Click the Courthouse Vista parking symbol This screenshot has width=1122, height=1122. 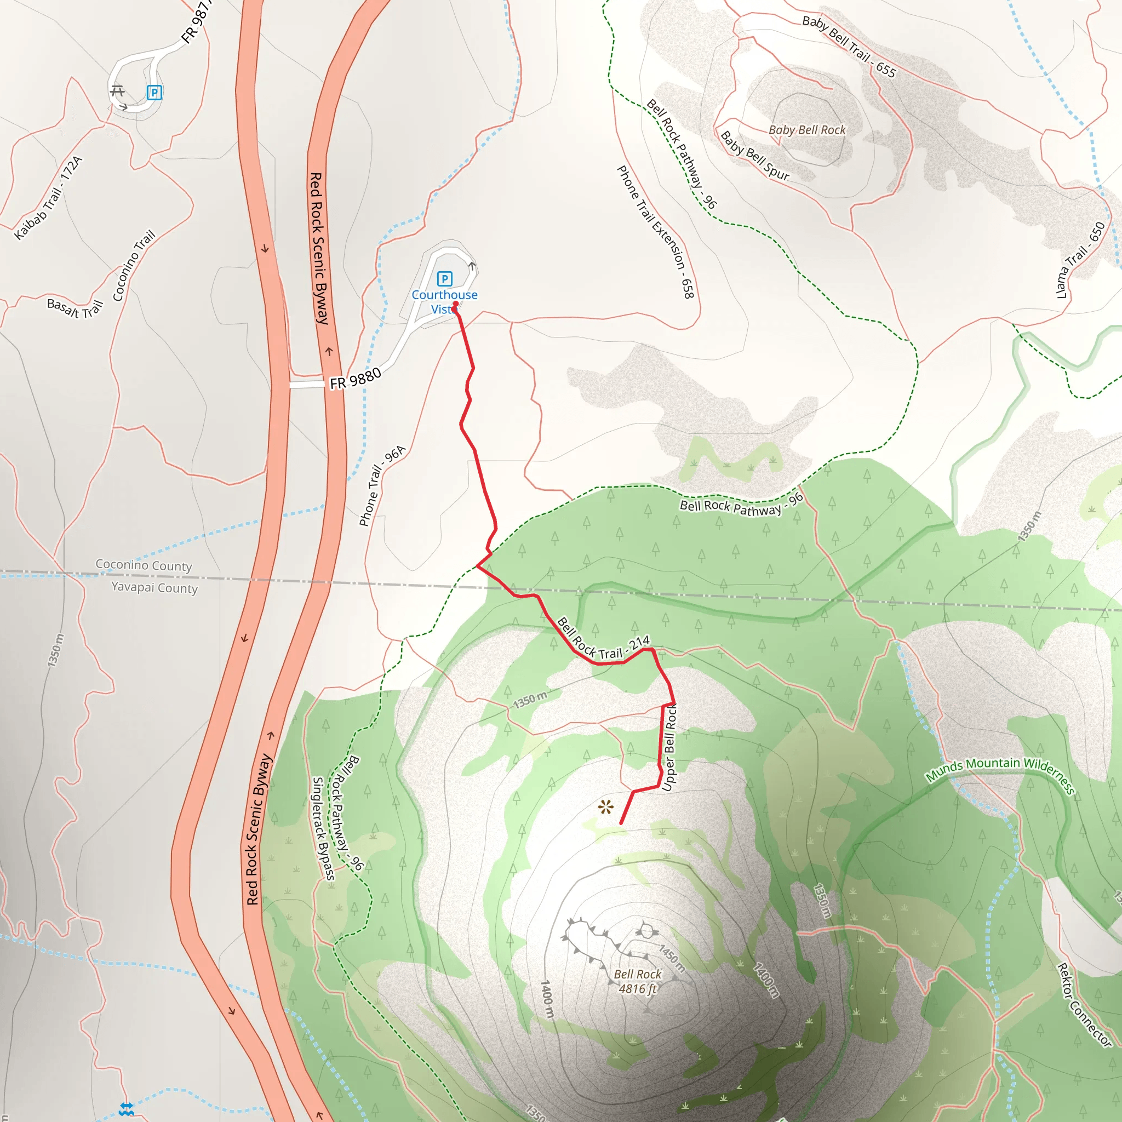coord(444,279)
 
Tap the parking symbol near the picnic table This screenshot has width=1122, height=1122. coord(154,93)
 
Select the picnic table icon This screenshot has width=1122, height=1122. coord(117,90)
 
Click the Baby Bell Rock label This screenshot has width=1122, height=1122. coord(806,130)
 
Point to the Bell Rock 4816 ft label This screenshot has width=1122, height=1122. coord(638,981)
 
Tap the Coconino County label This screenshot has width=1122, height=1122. coord(144,565)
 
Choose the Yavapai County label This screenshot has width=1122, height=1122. coord(154,587)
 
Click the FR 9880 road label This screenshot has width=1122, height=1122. coord(356,379)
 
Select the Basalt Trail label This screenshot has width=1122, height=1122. coord(75,307)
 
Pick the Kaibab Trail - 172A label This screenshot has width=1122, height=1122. coord(49,198)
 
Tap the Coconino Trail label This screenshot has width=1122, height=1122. coord(134,265)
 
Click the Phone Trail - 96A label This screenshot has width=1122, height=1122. coord(381,486)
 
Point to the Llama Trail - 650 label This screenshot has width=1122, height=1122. coord(1080,260)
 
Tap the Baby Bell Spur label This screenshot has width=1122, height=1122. coord(754,156)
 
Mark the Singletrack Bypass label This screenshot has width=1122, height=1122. coord(323,828)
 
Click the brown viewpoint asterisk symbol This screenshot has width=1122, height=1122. coord(606,806)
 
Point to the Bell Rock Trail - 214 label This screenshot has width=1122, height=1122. coord(603,639)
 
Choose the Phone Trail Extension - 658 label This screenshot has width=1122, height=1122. coord(655,232)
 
